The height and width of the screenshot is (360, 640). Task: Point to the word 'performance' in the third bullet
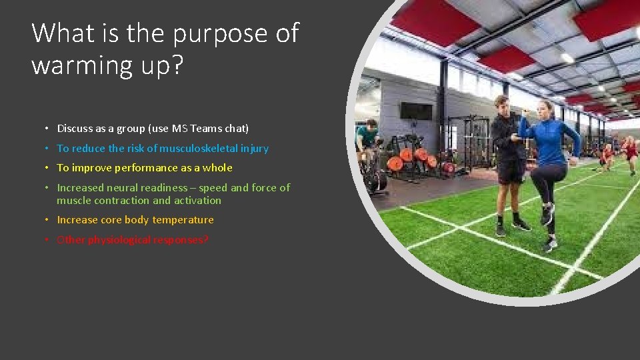146,168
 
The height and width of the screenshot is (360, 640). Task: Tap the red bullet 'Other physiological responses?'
132,240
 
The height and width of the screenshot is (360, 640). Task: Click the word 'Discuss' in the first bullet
75,128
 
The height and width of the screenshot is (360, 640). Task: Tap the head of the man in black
502,105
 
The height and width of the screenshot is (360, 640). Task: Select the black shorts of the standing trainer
510,171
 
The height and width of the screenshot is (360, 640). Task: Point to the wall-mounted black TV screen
416,111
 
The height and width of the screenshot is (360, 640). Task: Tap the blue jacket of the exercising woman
550,140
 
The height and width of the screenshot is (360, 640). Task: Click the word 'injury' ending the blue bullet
255,148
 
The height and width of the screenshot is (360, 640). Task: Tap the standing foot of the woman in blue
550,245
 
